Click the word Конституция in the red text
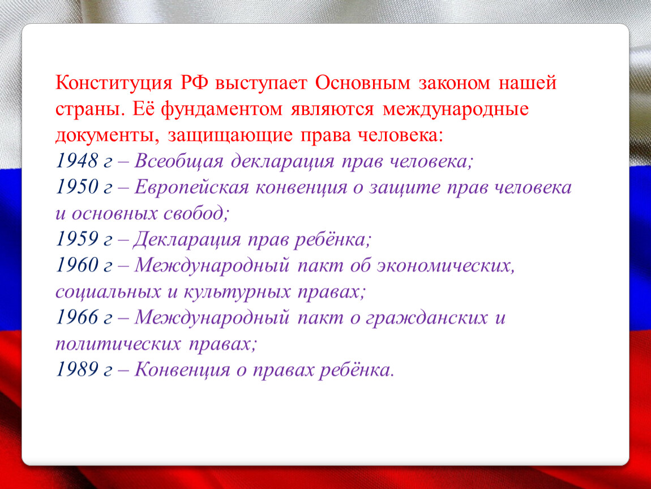pyautogui.click(x=114, y=83)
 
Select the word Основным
pyautogui.click(x=362, y=83)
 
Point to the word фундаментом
pyautogui.click(x=221, y=109)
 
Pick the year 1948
pyautogui.click(x=77, y=161)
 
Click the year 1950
pyautogui.click(x=77, y=187)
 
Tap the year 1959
pyautogui.click(x=77, y=239)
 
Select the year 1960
pyautogui.click(x=77, y=265)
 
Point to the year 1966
pyautogui.click(x=77, y=318)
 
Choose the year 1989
pyautogui.click(x=77, y=370)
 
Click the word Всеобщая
pyautogui.click(x=179, y=161)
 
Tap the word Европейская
pyautogui.click(x=191, y=188)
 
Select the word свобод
pyautogui.click(x=195, y=213)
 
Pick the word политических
pyautogui.click(x=118, y=344)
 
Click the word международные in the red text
pyautogui.click(x=456, y=109)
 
